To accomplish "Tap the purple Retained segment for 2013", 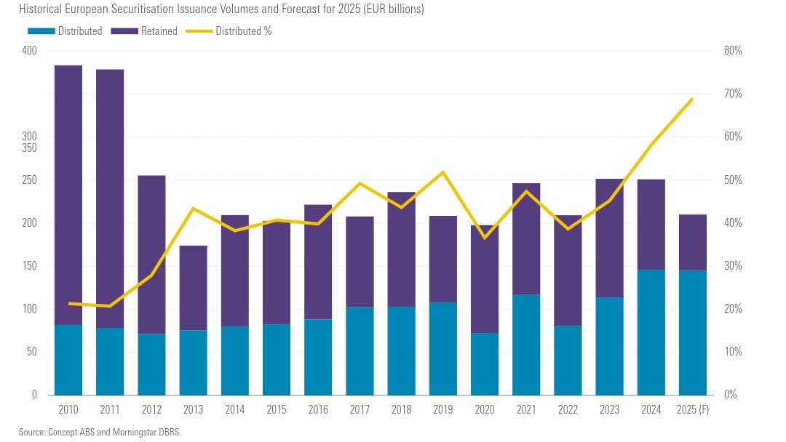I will (193, 288).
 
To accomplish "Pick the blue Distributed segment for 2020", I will (485, 363).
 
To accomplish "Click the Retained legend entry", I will (156, 31).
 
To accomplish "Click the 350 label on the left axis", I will (29, 148).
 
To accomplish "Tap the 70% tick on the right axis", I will (731, 94).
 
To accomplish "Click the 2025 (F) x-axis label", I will (693, 410).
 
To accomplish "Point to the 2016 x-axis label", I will (318, 410).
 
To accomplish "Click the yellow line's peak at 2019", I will (443, 172).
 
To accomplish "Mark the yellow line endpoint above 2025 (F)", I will (692, 98).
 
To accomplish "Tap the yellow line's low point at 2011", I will (110, 306).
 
